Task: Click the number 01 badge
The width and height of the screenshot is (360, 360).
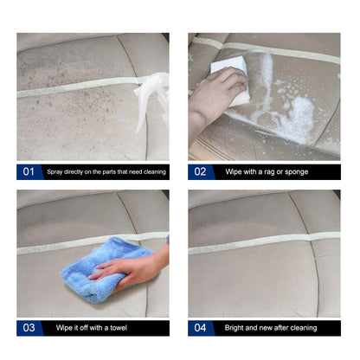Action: click(28, 171)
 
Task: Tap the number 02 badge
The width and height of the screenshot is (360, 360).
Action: click(200, 171)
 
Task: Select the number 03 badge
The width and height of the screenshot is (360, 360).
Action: click(28, 328)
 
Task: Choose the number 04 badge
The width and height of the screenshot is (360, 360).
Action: click(200, 328)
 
